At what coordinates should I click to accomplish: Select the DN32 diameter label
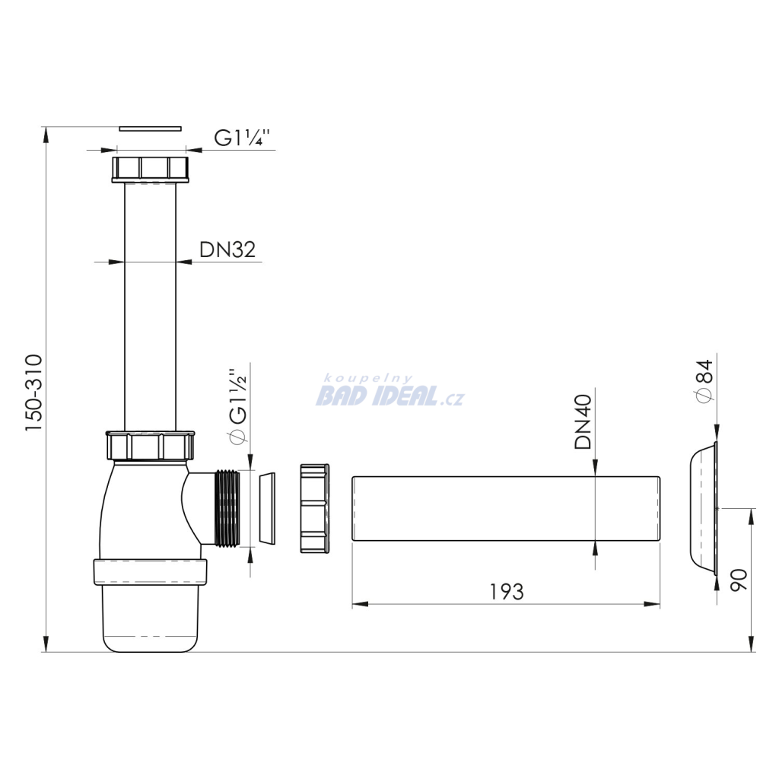pyautogui.click(x=227, y=250)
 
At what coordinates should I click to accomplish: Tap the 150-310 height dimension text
pyautogui.click(x=34, y=393)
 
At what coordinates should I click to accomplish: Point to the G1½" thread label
pyautogui.click(x=237, y=405)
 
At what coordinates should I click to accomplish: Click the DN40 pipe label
pyautogui.click(x=583, y=421)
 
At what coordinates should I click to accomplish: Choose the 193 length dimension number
pyautogui.click(x=507, y=592)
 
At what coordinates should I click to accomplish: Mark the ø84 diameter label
pyautogui.click(x=704, y=382)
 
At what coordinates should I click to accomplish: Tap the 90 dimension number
pyautogui.click(x=739, y=580)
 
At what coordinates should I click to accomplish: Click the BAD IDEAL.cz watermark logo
pyautogui.click(x=390, y=392)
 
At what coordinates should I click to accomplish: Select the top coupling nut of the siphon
pyautogui.click(x=150, y=170)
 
